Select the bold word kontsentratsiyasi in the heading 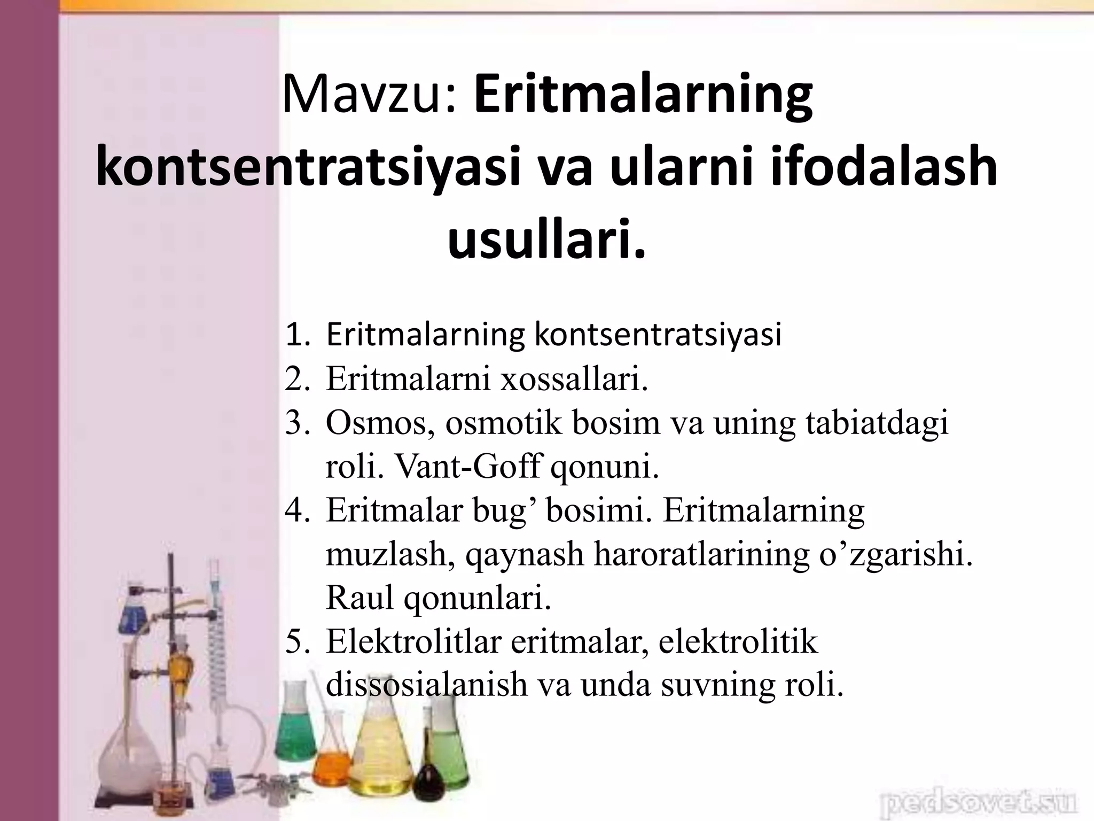pyautogui.click(x=307, y=167)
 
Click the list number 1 pyautogui.click(x=296, y=335)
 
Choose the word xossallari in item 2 pyautogui.click(x=574, y=379)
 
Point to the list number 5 pyautogui.click(x=296, y=641)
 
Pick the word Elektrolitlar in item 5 pyautogui.click(x=413, y=641)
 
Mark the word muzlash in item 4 pyautogui.click(x=390, y=554)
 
